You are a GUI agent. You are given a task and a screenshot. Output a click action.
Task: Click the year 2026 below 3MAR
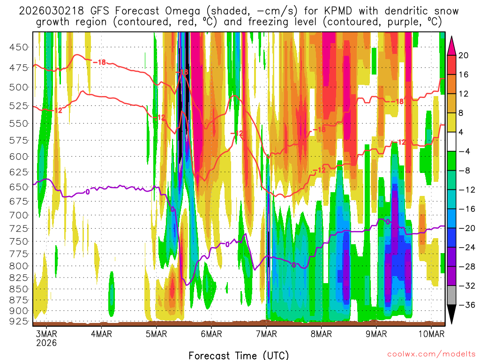tap(46, 343)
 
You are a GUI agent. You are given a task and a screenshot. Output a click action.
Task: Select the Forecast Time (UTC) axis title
tap(239, 355)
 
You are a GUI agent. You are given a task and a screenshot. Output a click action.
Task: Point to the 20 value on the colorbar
tap(464, 55)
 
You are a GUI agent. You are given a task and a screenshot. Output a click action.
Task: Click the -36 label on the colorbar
tap(466, 305)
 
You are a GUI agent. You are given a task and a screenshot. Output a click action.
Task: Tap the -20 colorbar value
tap(466, 228)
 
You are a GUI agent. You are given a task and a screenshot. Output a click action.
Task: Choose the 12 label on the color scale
tap(464, 94)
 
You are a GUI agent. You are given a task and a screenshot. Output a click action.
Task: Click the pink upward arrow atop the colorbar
tap(452, 45)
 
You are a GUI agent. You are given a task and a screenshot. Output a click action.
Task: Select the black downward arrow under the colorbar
tap(452, 315)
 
